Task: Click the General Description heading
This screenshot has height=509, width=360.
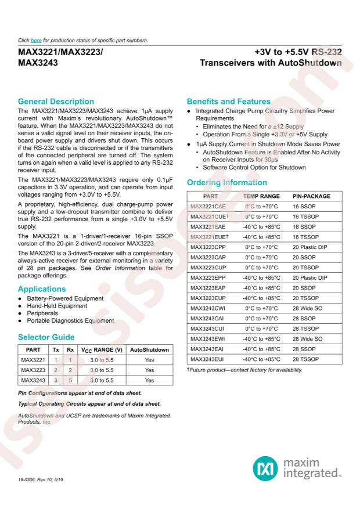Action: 56,102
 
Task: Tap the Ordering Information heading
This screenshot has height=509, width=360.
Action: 226,183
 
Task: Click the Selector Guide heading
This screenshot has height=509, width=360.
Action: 45,337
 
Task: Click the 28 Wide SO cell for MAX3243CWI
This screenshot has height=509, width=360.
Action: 309,304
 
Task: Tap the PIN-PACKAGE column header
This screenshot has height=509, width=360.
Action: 312,197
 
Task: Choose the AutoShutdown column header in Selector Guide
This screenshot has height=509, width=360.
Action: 149,350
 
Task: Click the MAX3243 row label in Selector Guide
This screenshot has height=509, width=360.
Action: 33,381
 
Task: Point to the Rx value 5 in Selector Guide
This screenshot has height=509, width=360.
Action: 70,381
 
